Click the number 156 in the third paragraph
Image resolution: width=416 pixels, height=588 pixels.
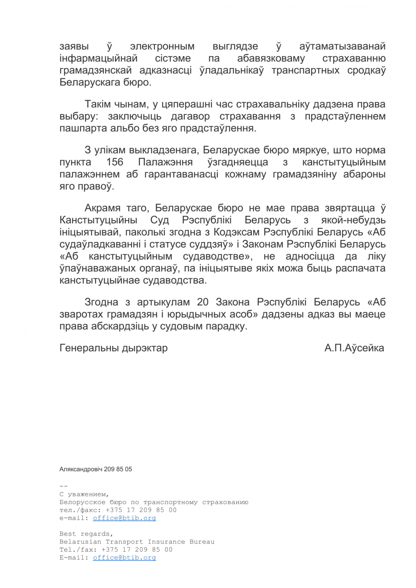pos(114,162)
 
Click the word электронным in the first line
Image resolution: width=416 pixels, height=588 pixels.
pos(162,46)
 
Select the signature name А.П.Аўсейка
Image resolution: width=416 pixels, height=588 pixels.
pos(354,348)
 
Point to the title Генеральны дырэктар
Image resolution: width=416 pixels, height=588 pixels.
pos(114,348)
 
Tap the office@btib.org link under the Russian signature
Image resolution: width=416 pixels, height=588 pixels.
pos(124,518)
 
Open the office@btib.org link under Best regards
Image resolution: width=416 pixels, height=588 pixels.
pos(124,558)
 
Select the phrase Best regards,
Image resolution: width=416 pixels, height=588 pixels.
pos(86,534)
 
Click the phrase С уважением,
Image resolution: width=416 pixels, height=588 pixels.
pos(84,494)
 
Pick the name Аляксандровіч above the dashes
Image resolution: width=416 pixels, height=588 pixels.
pos(81,469)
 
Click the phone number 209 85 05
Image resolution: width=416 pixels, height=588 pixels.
pos(118,469)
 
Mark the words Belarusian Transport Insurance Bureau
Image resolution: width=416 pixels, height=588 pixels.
pos(137,542)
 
